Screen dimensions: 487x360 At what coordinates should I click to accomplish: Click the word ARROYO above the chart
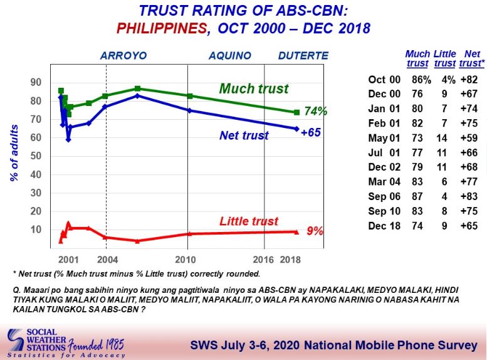[123, 56]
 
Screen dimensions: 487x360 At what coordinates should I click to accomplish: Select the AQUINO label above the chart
[230, 56]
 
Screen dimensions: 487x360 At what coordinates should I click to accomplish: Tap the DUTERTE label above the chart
[303, 56]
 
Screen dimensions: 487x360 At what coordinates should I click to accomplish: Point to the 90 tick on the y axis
[36, 82]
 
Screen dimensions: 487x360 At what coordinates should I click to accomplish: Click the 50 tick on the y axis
[36, 156]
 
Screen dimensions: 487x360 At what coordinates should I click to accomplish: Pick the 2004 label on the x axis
[107, 260]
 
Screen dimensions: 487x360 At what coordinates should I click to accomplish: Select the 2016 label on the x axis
[263, 260]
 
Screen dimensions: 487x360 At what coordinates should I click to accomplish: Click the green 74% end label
[315, 111]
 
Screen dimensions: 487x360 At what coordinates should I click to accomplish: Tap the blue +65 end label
[311, 132]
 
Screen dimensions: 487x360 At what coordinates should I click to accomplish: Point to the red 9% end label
[315, 231]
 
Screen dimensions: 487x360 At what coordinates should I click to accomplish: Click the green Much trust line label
[254, 88]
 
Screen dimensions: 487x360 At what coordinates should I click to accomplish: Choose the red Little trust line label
[249, 221]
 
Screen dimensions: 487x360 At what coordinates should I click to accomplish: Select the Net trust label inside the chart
[244, 135]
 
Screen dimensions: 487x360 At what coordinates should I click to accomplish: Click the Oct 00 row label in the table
[384, 80]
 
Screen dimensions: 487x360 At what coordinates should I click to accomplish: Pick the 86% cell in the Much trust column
[421, 80]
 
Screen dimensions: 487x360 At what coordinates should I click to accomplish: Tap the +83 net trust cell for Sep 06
[469, 196]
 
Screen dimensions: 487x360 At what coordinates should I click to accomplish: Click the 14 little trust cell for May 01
[442, 138]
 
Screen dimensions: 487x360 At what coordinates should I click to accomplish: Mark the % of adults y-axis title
[14, 153]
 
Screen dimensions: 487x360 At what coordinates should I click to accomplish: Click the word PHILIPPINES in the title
[162, 29]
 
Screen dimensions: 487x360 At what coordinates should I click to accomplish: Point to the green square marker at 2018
[296, 112]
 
